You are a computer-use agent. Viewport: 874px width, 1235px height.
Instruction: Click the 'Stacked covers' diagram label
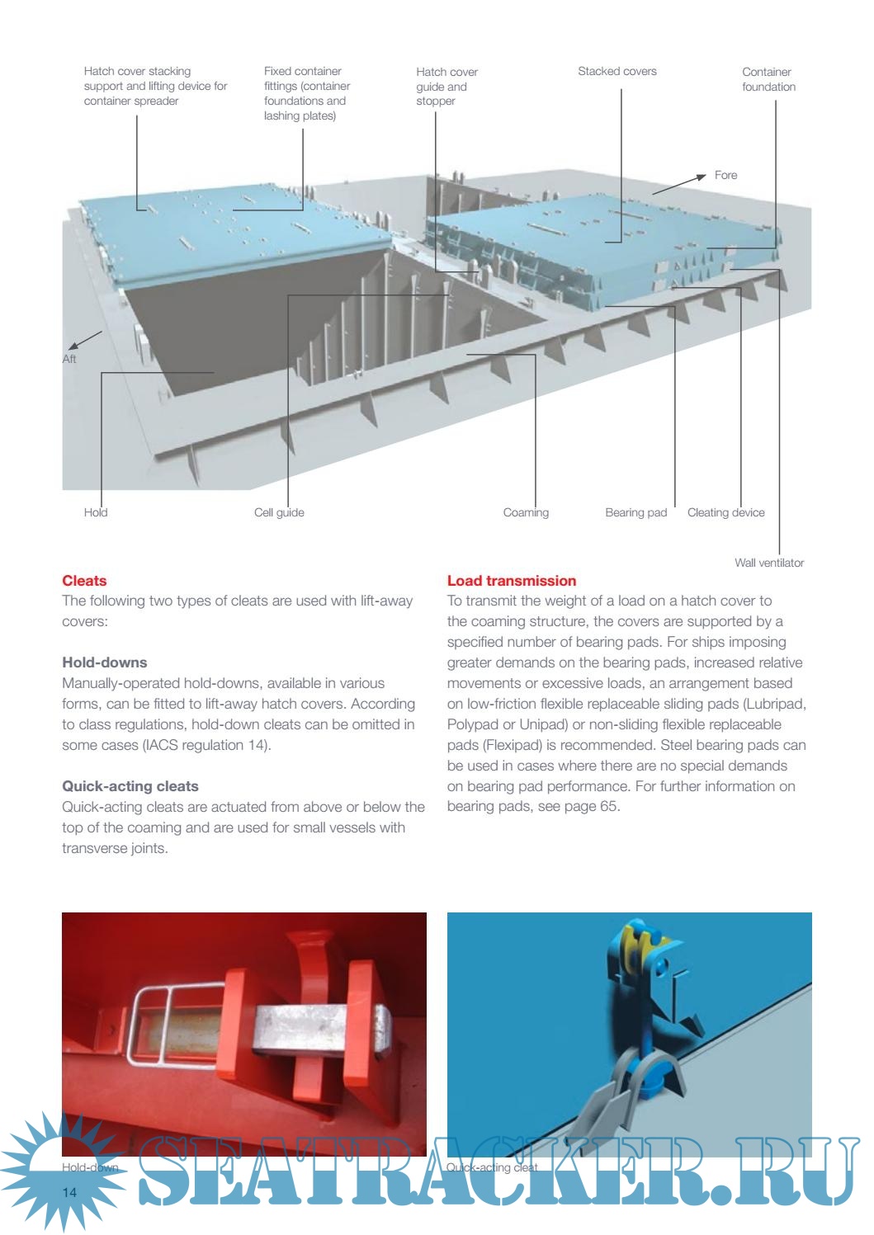click(617, 72)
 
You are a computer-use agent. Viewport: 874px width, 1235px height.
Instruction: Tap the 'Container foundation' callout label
click(768, 79)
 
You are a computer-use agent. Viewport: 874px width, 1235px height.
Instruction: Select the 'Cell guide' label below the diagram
click(279, 512)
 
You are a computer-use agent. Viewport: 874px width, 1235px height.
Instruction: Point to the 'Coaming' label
click(526, 512)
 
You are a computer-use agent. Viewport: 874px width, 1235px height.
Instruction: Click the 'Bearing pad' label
click(635, 512)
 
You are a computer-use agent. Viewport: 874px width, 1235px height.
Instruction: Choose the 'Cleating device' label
click(725, 512)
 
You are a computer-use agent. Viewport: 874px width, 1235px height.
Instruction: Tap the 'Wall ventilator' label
click(768, 563)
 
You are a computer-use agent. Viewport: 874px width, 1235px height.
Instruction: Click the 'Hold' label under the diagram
click(96, 512)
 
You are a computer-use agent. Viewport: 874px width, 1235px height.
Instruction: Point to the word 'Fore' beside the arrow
click(725, 175)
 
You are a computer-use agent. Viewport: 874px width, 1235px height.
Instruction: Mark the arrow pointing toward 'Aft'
click(84, 340)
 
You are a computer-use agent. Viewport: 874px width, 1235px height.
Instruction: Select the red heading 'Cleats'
click(84, 581)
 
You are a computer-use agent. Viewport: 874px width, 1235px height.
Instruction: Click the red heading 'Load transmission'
click(511, 581)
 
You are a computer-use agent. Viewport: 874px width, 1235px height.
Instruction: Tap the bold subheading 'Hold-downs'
click(104, 662)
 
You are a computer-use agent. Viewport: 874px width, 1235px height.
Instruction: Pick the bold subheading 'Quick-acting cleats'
click(130, 786)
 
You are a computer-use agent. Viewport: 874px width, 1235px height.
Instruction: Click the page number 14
click(69, 1193)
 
